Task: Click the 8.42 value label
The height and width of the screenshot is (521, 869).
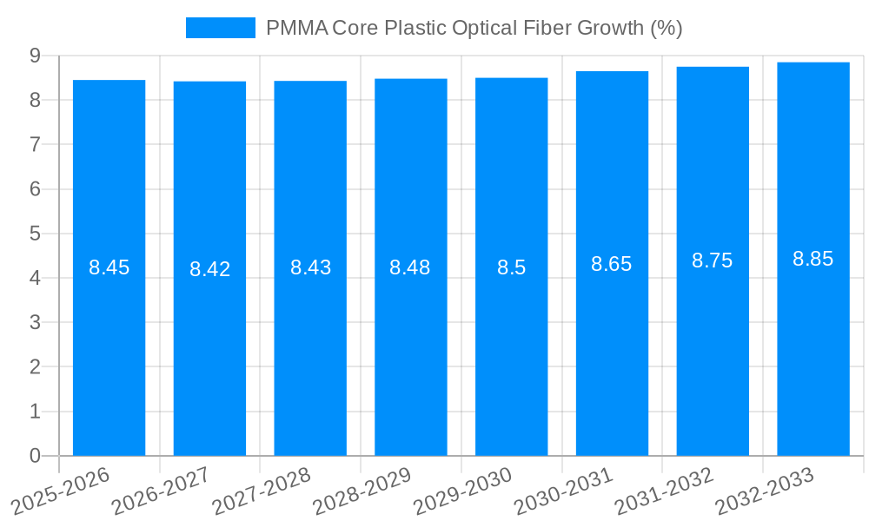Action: click(x=210, y=269)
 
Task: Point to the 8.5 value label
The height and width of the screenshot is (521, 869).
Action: click(x=512, y=267)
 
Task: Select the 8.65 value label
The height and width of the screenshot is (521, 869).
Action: click(x=612, y=264)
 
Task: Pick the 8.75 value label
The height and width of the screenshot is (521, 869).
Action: click(x=713, y=260)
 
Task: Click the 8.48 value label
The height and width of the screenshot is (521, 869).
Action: click(x=410, y=267)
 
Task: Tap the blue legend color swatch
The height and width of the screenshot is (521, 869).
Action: click(x=221, y=28)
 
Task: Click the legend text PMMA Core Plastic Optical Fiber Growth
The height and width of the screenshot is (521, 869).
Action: click(x=474, y=28)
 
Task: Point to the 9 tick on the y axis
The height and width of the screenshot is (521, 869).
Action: click(x=35, y=56)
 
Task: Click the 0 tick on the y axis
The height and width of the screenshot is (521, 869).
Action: click(x=35, y=456)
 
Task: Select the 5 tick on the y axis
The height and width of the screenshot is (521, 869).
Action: click(x=35, y=234)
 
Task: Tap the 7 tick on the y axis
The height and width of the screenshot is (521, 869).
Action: click(x=35, y=144)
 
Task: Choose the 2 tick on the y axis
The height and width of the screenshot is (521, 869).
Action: click(x=35, y=367)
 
